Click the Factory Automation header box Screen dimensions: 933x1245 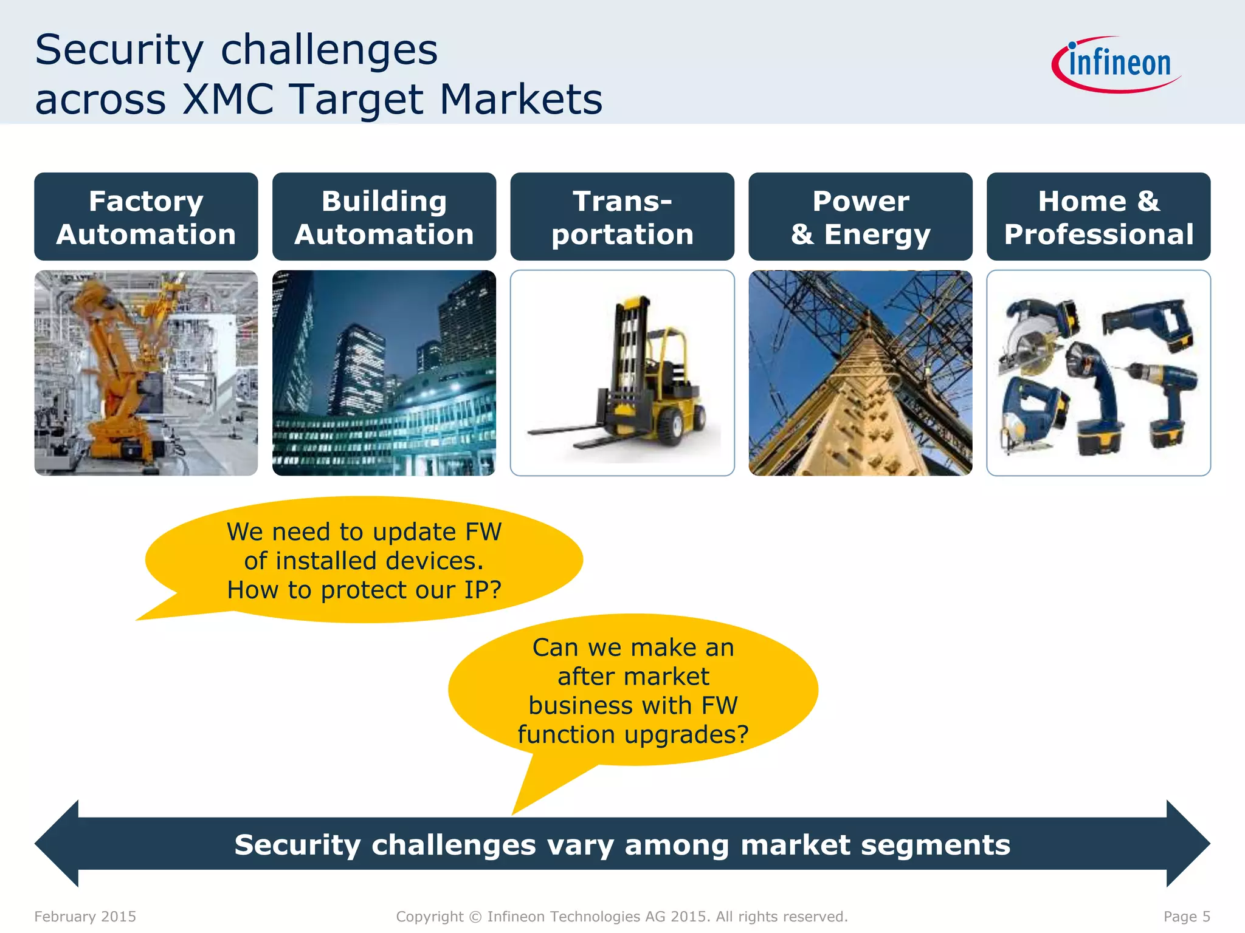146,217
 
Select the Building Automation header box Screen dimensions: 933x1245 384,217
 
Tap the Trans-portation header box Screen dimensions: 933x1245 622,217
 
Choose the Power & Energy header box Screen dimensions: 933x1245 860,217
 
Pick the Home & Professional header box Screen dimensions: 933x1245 1098,217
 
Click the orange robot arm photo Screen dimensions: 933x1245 146,373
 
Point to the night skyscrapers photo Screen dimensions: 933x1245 384,373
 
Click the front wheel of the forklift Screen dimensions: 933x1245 670,426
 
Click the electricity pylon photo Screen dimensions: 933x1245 860,373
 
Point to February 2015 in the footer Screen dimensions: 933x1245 85,917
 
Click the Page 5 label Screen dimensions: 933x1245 1187,917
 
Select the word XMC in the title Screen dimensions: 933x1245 228,99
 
